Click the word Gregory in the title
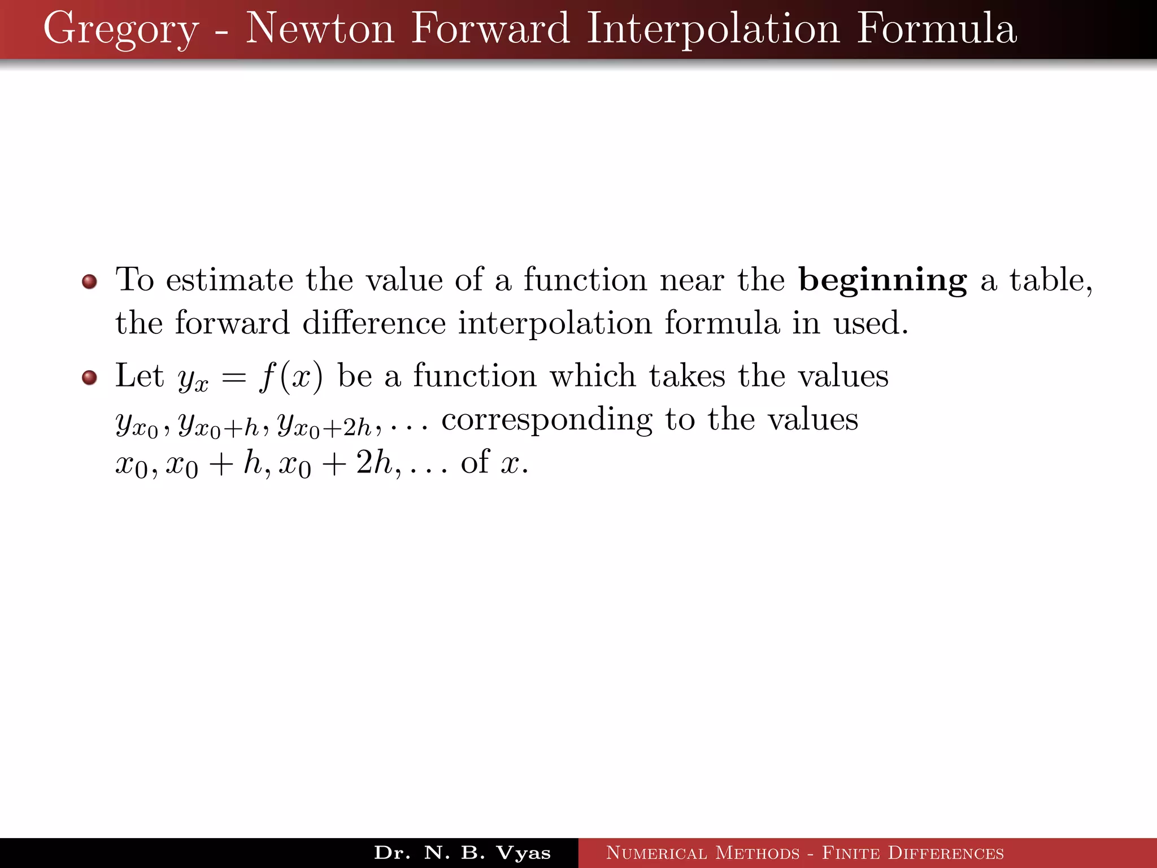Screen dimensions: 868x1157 coord(121,29)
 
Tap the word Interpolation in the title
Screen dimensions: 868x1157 coord(713,29)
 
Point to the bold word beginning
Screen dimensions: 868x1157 coord(882,281)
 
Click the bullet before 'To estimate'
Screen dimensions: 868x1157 coord(89,281)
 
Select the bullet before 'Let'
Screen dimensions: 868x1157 coord(89,377)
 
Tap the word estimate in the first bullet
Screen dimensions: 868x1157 coord(229,280)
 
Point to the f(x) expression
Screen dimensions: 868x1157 coord(291,377)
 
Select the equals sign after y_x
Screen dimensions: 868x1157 coord(233,377)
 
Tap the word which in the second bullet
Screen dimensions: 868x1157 coord(593,376)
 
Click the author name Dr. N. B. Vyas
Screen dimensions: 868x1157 coord(462,853)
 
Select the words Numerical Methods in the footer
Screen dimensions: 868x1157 coord(703,853)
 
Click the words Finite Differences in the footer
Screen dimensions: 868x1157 coord(912,853)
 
